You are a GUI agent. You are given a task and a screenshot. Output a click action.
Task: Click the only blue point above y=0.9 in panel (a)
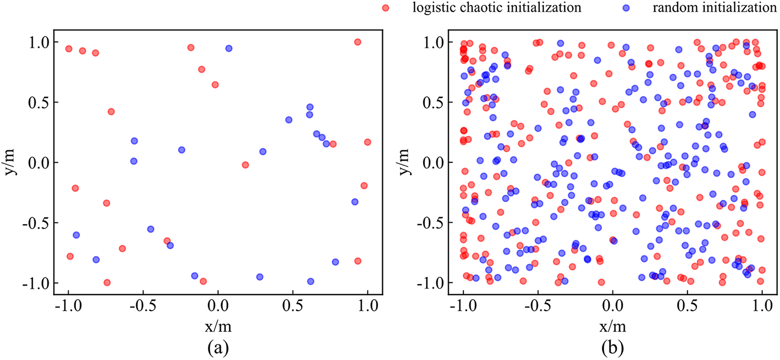[229, 48]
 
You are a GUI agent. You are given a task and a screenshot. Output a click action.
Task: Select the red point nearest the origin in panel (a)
[245, 165]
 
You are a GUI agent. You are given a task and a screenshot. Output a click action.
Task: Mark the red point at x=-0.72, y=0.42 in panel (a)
[111, 111]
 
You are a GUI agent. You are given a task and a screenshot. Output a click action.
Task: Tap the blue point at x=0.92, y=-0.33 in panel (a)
[355, 202]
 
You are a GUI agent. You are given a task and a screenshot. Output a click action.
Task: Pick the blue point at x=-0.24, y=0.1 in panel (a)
[181, 150]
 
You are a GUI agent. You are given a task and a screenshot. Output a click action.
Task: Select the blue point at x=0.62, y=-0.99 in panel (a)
[310, 281]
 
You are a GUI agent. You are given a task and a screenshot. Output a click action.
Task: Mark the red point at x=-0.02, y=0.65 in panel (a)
[215, 84]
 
